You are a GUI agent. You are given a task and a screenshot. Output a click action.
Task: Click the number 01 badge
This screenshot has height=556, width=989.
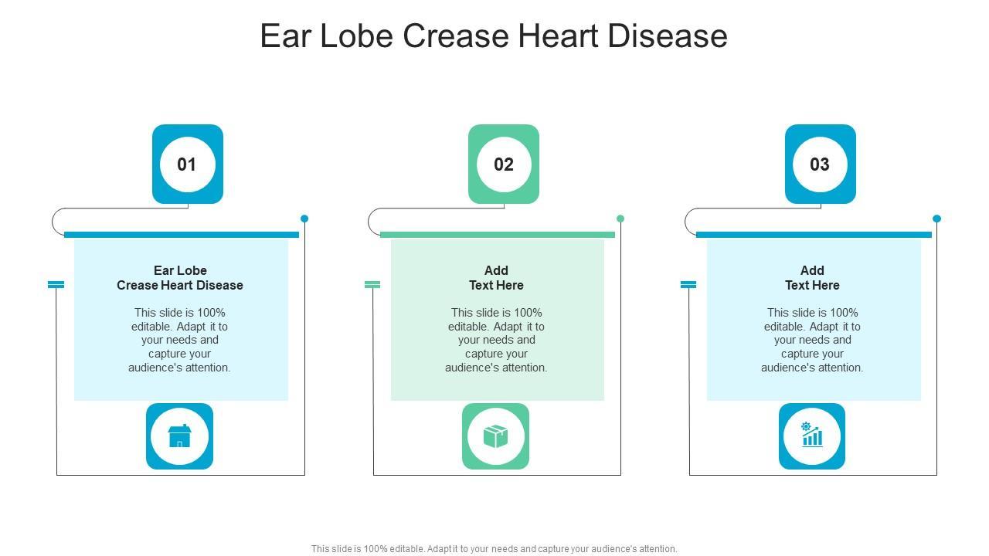click(187, 164)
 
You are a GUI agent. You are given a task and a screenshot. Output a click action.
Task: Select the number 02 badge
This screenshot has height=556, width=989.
click(504, 164)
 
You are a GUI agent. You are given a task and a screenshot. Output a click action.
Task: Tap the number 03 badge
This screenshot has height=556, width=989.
click(820, 164)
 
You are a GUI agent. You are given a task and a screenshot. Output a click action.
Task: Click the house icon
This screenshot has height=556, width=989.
click(179, 436)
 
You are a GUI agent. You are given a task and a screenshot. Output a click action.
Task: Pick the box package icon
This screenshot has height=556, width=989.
click(495, 436)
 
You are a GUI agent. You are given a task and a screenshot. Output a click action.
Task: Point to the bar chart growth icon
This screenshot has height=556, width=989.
click(812, 436)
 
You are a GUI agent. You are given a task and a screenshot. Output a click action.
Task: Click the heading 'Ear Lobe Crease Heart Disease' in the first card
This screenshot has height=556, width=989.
click(180, 278)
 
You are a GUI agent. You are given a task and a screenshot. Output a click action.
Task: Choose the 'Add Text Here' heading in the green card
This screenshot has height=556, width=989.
click(496, 278)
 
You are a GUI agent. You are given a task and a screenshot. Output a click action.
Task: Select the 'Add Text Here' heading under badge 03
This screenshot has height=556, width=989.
click(812, 278)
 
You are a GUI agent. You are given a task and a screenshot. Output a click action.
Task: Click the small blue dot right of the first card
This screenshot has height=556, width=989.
click(304, 219)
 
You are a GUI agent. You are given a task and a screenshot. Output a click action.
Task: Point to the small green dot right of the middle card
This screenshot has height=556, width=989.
click(620, 219)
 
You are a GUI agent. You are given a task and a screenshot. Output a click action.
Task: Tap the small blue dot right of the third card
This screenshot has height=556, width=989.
click(936, 219)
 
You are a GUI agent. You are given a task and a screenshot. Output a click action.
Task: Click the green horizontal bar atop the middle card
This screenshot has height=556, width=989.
click(498, 235)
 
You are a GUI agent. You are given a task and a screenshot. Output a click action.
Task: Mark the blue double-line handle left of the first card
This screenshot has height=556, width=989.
click(56, 285)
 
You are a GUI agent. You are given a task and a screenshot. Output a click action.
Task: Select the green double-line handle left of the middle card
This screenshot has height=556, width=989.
click(372, 285)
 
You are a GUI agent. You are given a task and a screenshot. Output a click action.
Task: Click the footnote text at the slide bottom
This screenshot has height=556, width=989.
click(494, 549)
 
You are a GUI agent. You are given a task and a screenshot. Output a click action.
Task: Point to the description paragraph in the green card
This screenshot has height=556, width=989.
click(496, 341)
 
